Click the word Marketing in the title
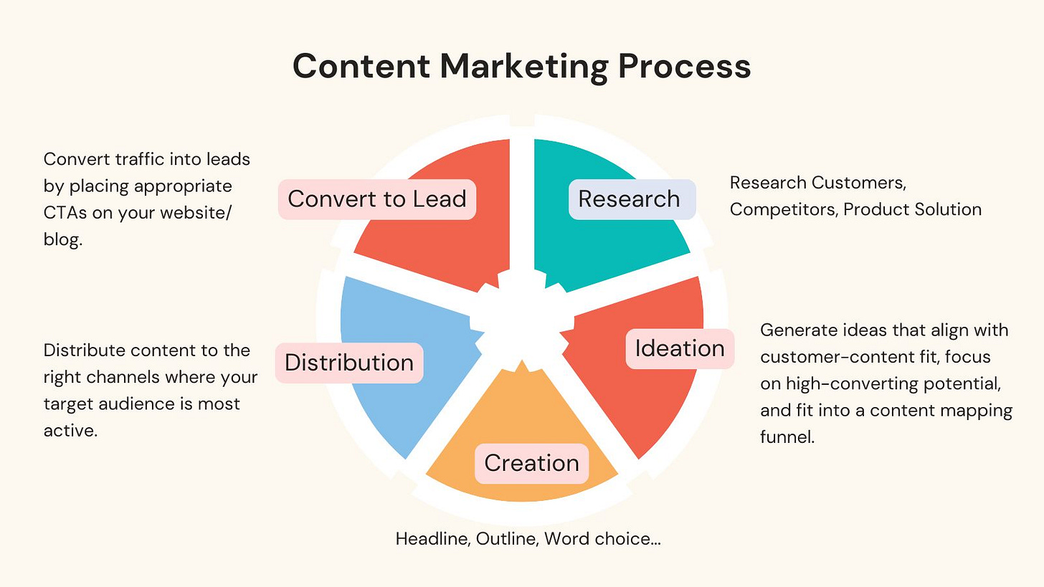pyautogui.click(x=523, y=67)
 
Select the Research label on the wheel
pyautogui.click(x=629, y=199)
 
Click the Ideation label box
pyautogui.click(x=679, y=349)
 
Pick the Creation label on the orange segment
pyautogui.click(x=531, y=463)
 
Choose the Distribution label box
pyautogui.click(x=349, y=363)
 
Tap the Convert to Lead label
pyautogui.click(x=377, y=199)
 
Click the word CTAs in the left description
pyautogui.click(x=63, y=214)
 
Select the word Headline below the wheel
pyautogui.click(x=431, y=539)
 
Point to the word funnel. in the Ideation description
pyautogui.click(x=787, y=437)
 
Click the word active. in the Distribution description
pyautogui.click(x=70, y=431)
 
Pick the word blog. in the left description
pyautogui.click(x=63, y=240)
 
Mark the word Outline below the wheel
pyautogui.click(x=505, y=539)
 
